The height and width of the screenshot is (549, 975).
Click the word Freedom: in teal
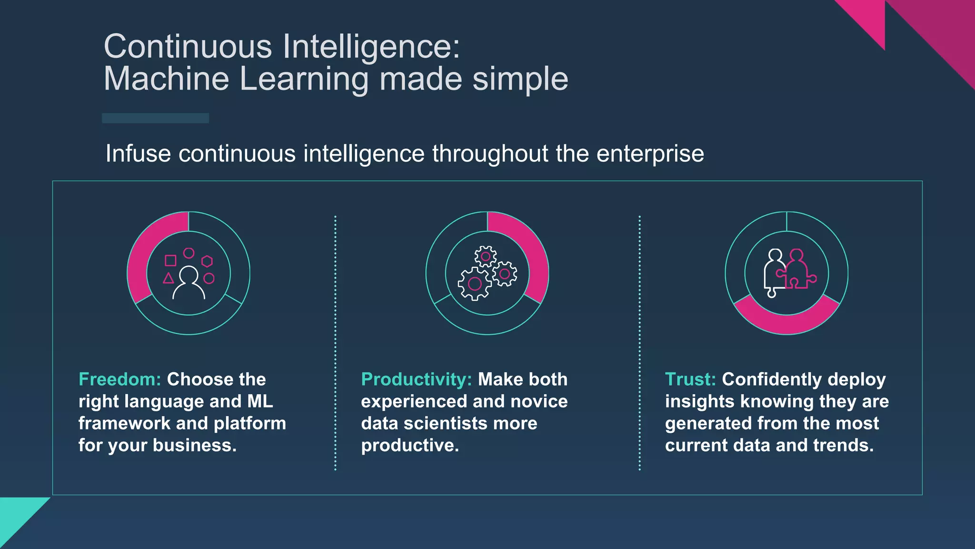pyautogui.click(x=120, y=379)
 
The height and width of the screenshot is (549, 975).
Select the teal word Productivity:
pyautogui.click(x=416, y=379)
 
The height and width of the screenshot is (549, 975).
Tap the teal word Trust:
pyautogui.click(x=690, y=379)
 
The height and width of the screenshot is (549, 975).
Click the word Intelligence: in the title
pyautogui.click(x=371, y=47)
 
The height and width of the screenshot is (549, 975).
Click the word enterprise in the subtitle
pyautogui.click(x=650, y=154)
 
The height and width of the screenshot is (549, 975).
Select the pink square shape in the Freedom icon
pyautogui.click(x=170, y=260)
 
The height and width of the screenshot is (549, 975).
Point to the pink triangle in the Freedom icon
pyautogui.click(x=168, y=278)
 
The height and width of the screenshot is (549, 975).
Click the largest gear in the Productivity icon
pyautogui.click(x=474, y=284)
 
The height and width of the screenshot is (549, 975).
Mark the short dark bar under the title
pyautogui.click(x=155, y=118)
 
